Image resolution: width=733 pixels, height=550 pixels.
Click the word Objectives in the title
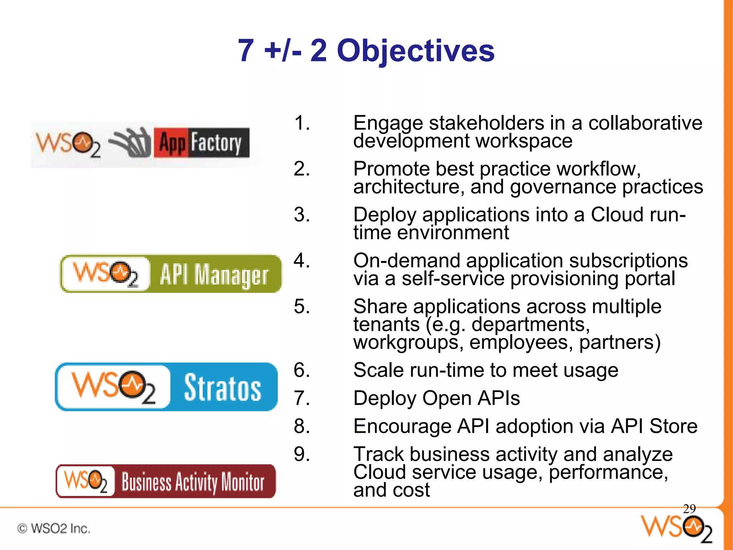[x=416, y=51]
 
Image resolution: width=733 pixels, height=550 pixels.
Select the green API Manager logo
[x=170, y=274]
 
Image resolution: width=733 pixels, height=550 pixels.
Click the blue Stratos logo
[x=166, y=387]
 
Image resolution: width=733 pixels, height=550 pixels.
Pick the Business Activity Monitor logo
[x=166, y=481]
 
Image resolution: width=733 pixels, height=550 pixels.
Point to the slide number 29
[x=689, y=508]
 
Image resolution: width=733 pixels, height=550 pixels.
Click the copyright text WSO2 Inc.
[x=54, y=529]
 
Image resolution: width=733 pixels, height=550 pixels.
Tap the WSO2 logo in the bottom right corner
[x=676, y=529]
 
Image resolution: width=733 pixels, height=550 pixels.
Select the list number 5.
[x=301, y=307]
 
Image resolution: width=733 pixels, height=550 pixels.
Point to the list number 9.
[x=301, y=454]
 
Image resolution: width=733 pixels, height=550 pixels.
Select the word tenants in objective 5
[x=387, y=324]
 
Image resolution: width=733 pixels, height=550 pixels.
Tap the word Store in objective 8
[x=673, y=426]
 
